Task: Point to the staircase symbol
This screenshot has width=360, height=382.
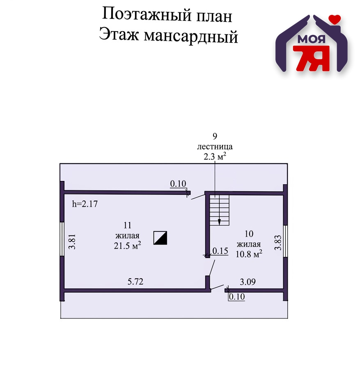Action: [x=219, y=210]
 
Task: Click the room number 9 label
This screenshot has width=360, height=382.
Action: [x=214, y=136]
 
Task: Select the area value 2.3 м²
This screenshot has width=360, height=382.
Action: [x=215, y=156]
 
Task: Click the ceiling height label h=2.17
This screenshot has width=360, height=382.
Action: [x=84, y=204]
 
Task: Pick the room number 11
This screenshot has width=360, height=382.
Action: [x=127, y=225]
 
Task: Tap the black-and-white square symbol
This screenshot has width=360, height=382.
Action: [x=161, y=238]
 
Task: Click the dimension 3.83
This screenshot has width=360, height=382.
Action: [x=278, y=242]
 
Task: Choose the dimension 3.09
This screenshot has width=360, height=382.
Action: [x=248, y=282]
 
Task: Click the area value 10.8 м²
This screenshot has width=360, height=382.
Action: [x=249, y=254]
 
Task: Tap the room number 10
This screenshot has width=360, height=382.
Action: [x=249, y=234]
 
